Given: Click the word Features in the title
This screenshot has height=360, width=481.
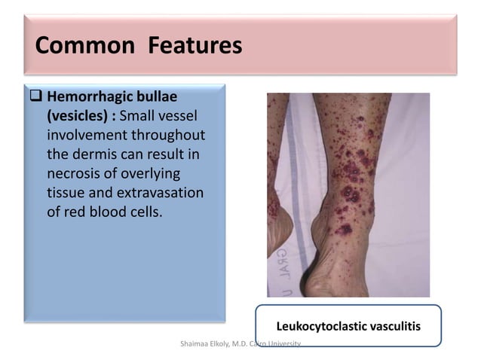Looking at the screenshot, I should [x=195, y=47].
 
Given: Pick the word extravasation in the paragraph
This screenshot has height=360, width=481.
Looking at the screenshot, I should [x=160, y=193].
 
